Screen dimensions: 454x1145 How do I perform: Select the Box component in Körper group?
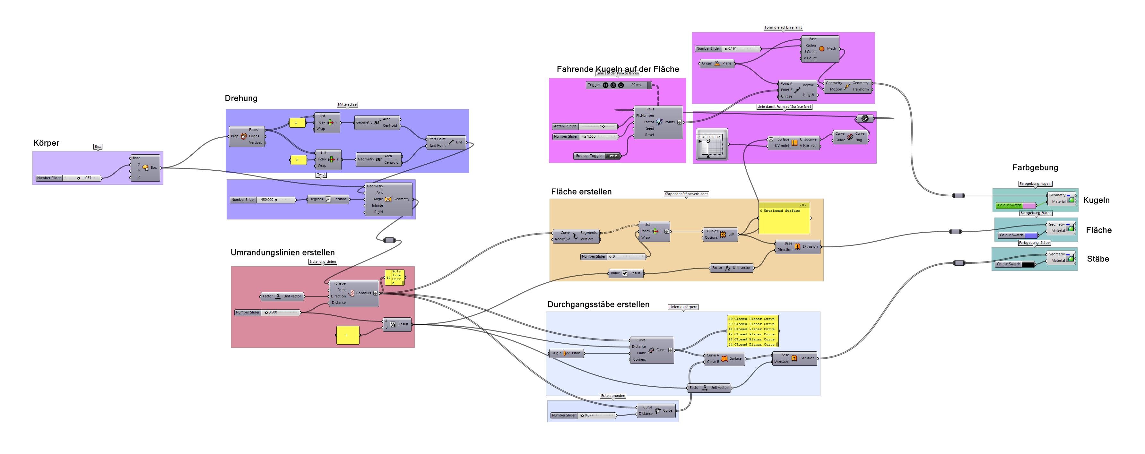click(x=145, y=168)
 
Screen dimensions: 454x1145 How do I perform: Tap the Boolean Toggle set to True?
click(x=598, y=156)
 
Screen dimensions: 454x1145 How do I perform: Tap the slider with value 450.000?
click(x=262, y=200)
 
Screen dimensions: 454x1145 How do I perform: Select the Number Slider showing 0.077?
click(x=583, y=416)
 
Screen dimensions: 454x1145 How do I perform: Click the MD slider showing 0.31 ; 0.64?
click(x=712, y=144)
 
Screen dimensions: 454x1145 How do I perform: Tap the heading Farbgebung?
click(x=1035, y=168)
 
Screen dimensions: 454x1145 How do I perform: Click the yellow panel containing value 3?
click(x=298, y=160)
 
